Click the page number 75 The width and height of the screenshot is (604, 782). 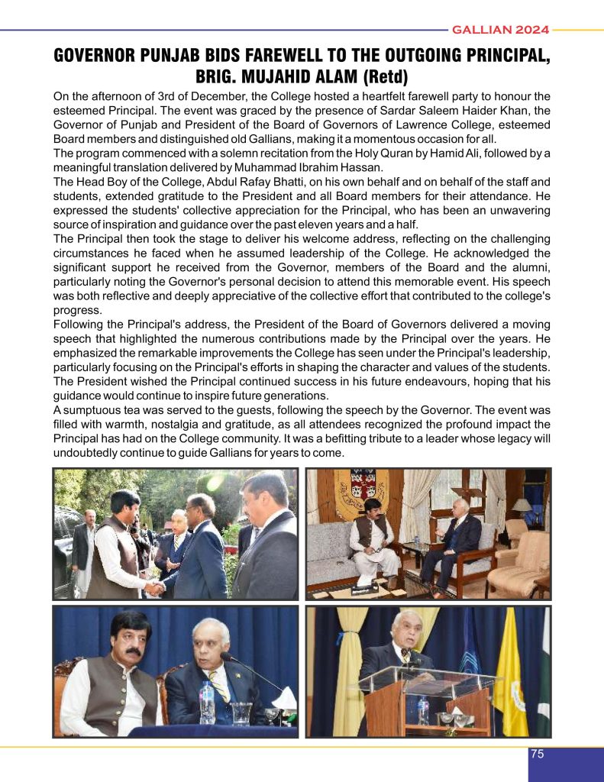[537, 754]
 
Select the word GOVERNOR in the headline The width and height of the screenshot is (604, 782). [90, 57]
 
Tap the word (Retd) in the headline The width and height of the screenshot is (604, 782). [385, 78]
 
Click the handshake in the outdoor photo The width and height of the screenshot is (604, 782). [156, 587]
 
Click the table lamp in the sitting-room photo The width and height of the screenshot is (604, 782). [522, 506]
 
